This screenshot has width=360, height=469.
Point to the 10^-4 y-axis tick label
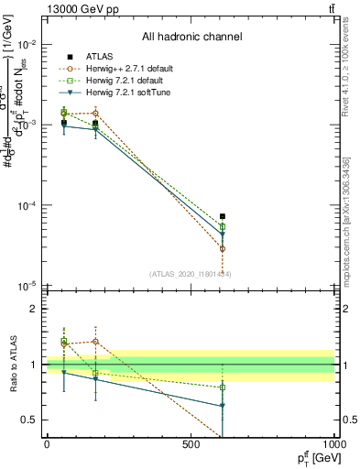point(27,206)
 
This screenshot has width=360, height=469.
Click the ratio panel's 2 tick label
point(34,309)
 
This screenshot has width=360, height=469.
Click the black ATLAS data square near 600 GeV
point(223,216)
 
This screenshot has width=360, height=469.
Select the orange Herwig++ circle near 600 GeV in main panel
point(223,248)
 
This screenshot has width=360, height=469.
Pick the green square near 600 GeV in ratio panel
point(223,387)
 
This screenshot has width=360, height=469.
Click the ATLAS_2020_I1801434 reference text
point(190,274)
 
